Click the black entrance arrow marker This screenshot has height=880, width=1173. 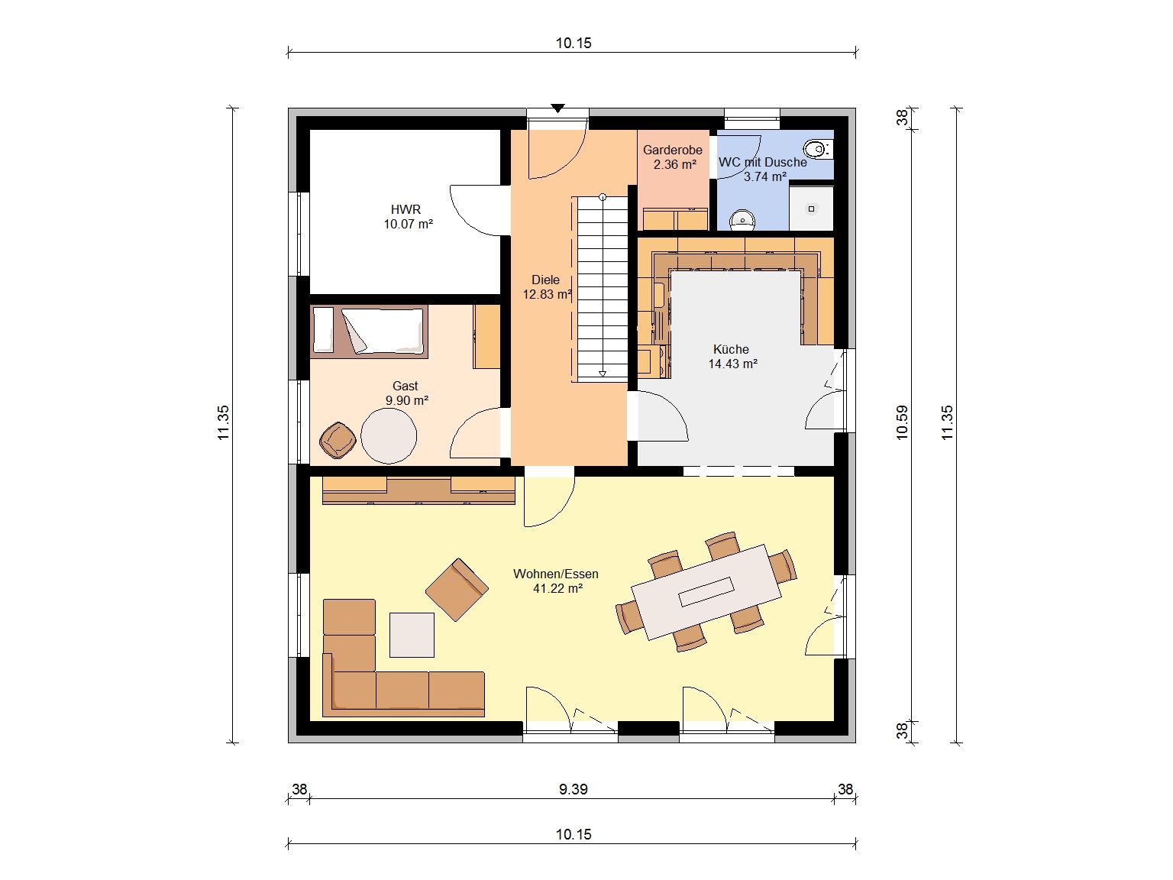pos(557,108)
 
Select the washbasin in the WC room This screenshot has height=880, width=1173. pos(742,220)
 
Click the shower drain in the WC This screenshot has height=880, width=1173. pos(811,209)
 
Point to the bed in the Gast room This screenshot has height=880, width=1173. pos(370,332)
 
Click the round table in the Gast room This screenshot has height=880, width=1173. pos(389,435)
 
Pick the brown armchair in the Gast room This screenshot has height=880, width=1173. pos(338,440)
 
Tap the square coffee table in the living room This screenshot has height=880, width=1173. pos(412,635)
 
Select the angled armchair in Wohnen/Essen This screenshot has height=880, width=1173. pos(457,590)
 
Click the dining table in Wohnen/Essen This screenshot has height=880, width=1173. pos(706,592)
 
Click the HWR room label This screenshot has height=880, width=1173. pos(406,209)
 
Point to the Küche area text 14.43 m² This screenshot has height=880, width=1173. pos(732,364)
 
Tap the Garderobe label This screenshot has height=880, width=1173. pos(672,150)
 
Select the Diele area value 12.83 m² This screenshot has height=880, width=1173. pos(548,294)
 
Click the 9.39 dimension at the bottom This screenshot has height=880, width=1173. pos(574,789)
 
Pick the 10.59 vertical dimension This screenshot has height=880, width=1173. pos(902,422)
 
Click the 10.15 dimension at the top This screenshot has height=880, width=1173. pos(574,43)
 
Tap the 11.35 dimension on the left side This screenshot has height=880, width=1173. pos(224,422)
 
